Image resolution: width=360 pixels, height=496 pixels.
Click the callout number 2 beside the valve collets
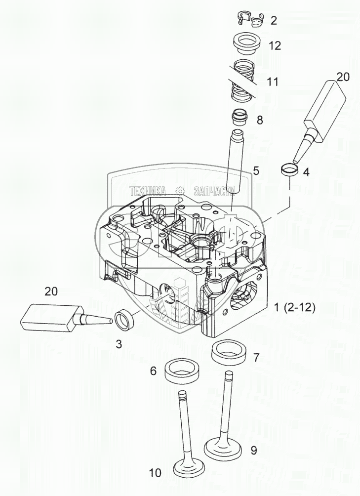[274, 21]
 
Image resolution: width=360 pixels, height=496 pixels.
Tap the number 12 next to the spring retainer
[275, 46]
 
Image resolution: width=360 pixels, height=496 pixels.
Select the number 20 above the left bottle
[51, 291]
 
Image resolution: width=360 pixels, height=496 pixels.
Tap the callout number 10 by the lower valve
[155, 473]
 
